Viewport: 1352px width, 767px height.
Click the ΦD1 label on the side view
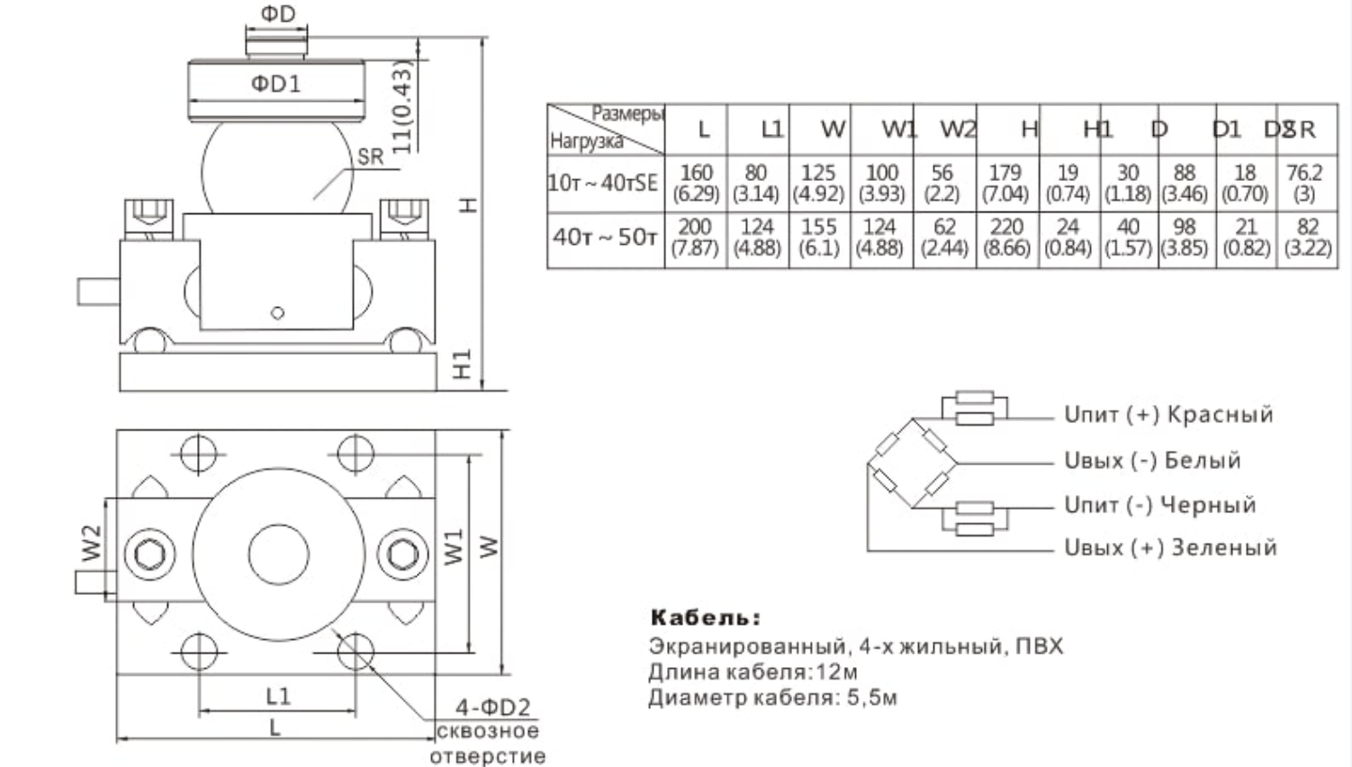click(275, 84)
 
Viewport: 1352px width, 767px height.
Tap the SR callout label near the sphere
click(370, 157)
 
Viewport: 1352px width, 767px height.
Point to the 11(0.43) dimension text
click(402, 106)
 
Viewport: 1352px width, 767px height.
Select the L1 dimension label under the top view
click(278, 696)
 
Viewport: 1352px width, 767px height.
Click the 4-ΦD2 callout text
click(492, 708)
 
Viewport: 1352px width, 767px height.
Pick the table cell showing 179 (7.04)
click(1005, 183)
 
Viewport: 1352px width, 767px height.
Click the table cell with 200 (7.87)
click(695, 237)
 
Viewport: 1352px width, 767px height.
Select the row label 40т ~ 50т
click(605, 237)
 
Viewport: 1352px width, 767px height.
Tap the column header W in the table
click(833, 130)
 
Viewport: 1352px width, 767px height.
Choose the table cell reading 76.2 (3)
click(1304, 183)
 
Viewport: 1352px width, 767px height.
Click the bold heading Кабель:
click(706, 618)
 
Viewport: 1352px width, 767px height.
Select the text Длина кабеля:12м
click(753, 672)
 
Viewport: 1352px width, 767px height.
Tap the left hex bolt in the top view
click(149, 553)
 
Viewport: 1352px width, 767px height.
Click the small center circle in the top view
click(278, 553)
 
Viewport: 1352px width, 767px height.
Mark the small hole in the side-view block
click(277, 313)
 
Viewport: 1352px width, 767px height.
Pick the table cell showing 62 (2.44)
click(943, 237)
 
